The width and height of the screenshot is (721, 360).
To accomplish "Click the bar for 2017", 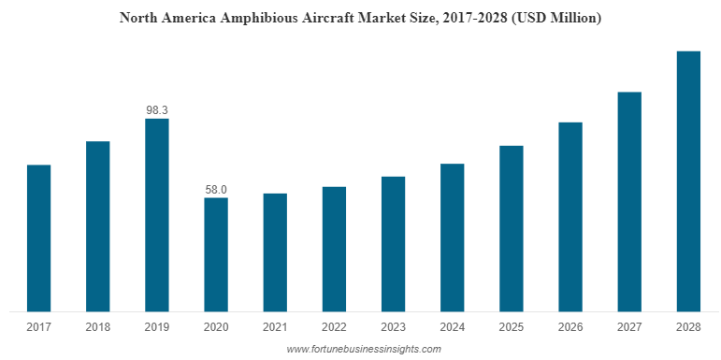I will (x=38, y=238).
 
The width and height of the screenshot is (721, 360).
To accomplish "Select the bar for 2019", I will (x=156, y=214).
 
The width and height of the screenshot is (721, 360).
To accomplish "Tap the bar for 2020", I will (x=216, y=253).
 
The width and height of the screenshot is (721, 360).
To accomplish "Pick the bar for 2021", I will (x=275, y=252).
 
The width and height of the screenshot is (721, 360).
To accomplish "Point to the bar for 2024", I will (x=453, y=238).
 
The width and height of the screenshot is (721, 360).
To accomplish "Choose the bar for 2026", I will (x=570, y=216).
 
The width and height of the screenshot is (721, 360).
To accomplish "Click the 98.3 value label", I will (x=156, y=110).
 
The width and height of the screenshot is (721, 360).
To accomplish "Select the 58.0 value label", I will (x=216, y=190).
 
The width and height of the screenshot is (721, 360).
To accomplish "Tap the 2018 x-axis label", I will (x=97, y=327).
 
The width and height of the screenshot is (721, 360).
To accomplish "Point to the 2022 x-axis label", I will (x=334, y=327).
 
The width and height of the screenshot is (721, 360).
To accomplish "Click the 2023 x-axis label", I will (x=393, y=327).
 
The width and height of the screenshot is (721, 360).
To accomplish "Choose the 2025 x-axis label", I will (x=512, y=327).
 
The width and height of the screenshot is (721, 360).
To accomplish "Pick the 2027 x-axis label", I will (x=629, y=327).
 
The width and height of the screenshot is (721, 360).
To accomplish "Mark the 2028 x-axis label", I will (x=688, y=327).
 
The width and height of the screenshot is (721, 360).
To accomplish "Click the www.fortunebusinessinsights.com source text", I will (x=363, y=349).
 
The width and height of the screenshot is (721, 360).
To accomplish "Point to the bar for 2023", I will (x=393, y=243).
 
